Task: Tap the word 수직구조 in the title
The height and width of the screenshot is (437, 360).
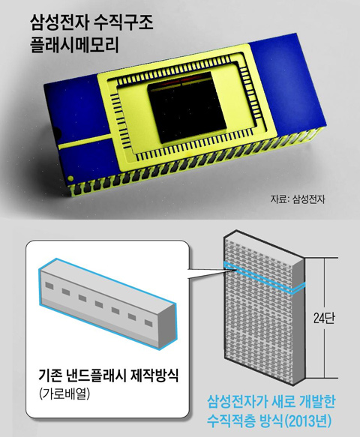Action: (124, 22)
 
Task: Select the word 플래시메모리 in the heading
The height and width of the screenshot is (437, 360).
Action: (74, 44)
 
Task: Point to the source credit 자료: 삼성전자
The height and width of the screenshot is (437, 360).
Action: (297, 199)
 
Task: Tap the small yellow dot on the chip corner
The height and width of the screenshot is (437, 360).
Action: (70, 178)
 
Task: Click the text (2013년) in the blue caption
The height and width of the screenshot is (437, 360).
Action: (307, 421)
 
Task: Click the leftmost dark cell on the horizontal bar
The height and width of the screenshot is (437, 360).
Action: (49, 286)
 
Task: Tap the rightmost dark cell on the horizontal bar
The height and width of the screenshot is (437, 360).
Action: (148, 323)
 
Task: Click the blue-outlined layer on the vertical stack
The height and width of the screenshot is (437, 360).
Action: (264, 277)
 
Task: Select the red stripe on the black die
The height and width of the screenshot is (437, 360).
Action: (181, 82)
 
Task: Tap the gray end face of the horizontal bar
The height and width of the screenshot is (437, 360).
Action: (167, 326)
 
